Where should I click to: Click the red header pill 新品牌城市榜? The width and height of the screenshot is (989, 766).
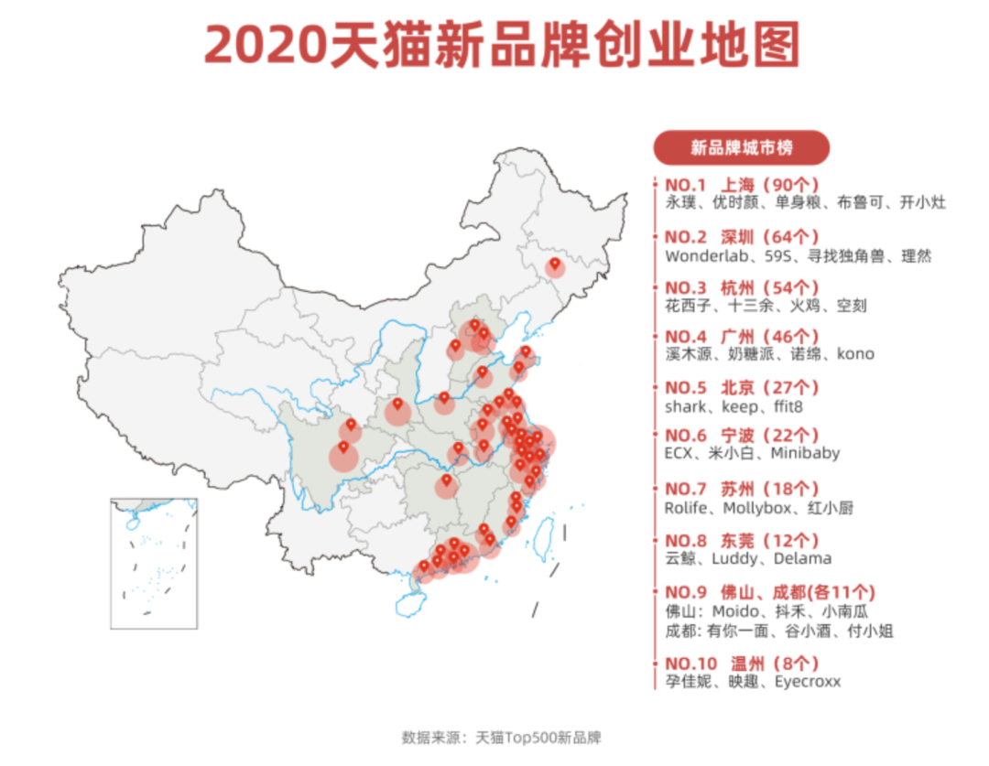[741, 147]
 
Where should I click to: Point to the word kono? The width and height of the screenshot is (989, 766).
[855, 354]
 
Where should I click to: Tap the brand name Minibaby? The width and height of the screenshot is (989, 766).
[805, 453]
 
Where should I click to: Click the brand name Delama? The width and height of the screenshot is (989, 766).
[802, 558]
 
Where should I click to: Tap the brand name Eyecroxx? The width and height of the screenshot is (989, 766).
[808, 682]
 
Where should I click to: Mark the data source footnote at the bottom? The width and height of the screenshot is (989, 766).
[501, 738]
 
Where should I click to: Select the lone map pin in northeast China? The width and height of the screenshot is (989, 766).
[554, 265]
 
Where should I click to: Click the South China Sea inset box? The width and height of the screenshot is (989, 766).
[153, 563]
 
